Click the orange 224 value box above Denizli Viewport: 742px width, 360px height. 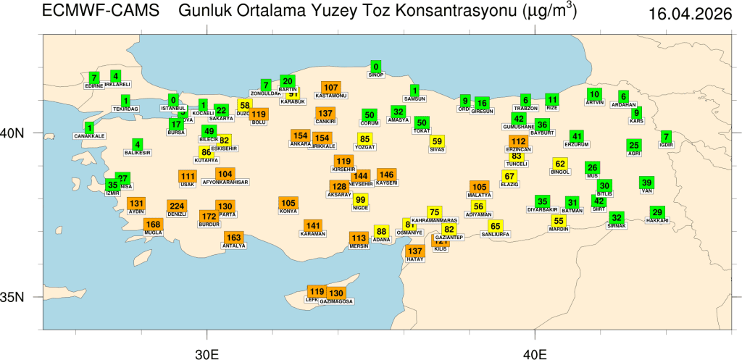(177, 205)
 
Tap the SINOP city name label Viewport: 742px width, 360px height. (375, 75)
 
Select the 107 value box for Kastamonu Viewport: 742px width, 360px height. (331, 87)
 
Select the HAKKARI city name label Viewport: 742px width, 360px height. (657, 220)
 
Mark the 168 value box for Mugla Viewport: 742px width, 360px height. (153, 225)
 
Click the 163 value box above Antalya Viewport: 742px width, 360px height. (233, 238)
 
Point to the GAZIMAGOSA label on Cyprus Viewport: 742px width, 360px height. (336, 301)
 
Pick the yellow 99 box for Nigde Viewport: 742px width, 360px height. (360, 199)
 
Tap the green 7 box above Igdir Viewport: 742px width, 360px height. (666, 135)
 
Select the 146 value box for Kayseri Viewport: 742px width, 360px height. (387, 175)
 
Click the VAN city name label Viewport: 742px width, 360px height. (647, 191)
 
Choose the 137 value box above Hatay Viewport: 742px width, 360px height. (415, 251)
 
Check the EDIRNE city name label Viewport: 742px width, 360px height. (94, 85)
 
